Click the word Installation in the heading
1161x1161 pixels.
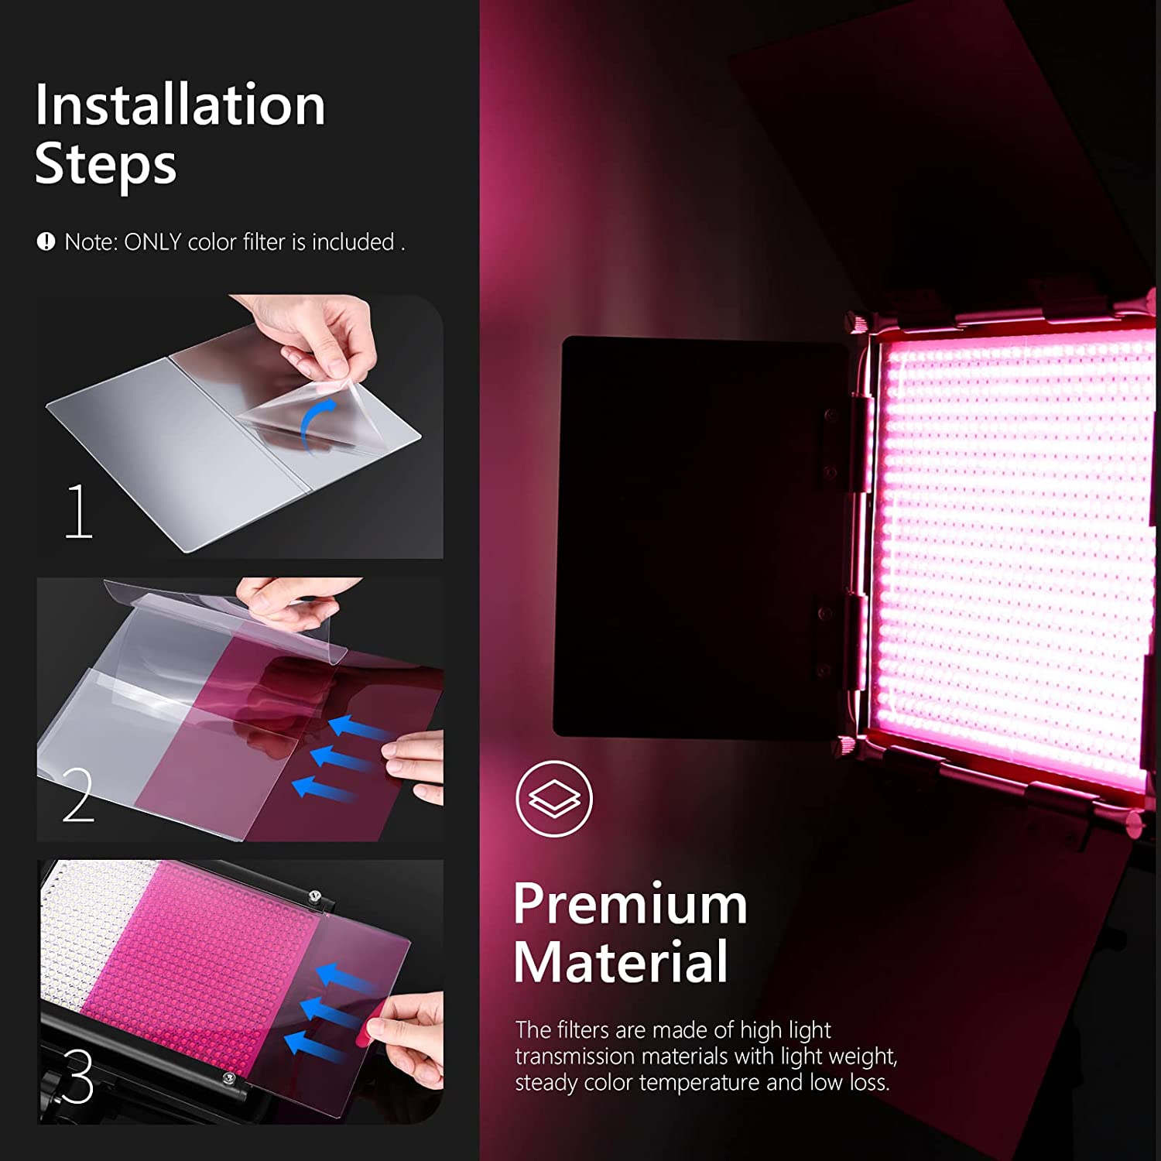pyautogui.click(x=180, y=105)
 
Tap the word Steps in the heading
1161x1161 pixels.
pyautogui.click(x=105, y=164)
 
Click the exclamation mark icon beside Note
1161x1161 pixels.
pyautogui.click(x=46, y=241)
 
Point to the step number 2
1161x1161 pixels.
pyautogui.click(x=78, y=795)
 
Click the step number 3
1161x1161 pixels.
pyautogui.click(x=78, y=1076)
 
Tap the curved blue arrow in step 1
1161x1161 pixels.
pyautogui.click(x=317, y=422)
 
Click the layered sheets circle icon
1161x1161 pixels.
pyautogui.click(x=554, y=798)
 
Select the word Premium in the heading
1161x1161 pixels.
pyautogui.click(x=630, y=903)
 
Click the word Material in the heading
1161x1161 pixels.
pyautogui.click(x=621, y=962)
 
